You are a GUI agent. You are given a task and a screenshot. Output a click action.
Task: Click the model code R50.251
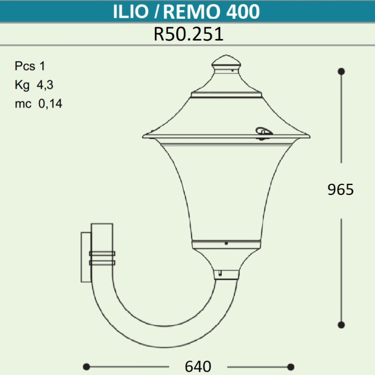point(188,34)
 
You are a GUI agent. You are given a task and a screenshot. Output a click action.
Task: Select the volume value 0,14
point(50,104)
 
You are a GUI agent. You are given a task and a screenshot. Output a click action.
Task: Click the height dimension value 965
point(341,189)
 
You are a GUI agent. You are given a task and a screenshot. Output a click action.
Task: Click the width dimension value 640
point(198,366)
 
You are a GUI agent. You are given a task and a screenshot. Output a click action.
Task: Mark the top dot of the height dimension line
point(341,71)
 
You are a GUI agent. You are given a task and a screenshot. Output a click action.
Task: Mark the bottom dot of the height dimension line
point(341,325)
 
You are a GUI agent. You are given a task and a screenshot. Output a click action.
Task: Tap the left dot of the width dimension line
point(86,366)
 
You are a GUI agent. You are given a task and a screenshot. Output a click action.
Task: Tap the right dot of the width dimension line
point(290,366)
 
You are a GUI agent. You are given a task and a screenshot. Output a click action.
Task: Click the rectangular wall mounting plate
point(86,257)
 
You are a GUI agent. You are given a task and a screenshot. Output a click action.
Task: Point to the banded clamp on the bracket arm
point(102,258)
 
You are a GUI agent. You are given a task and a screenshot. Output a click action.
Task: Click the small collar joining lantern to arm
point(226,275)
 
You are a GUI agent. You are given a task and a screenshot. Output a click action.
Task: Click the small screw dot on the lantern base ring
point(227,244)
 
